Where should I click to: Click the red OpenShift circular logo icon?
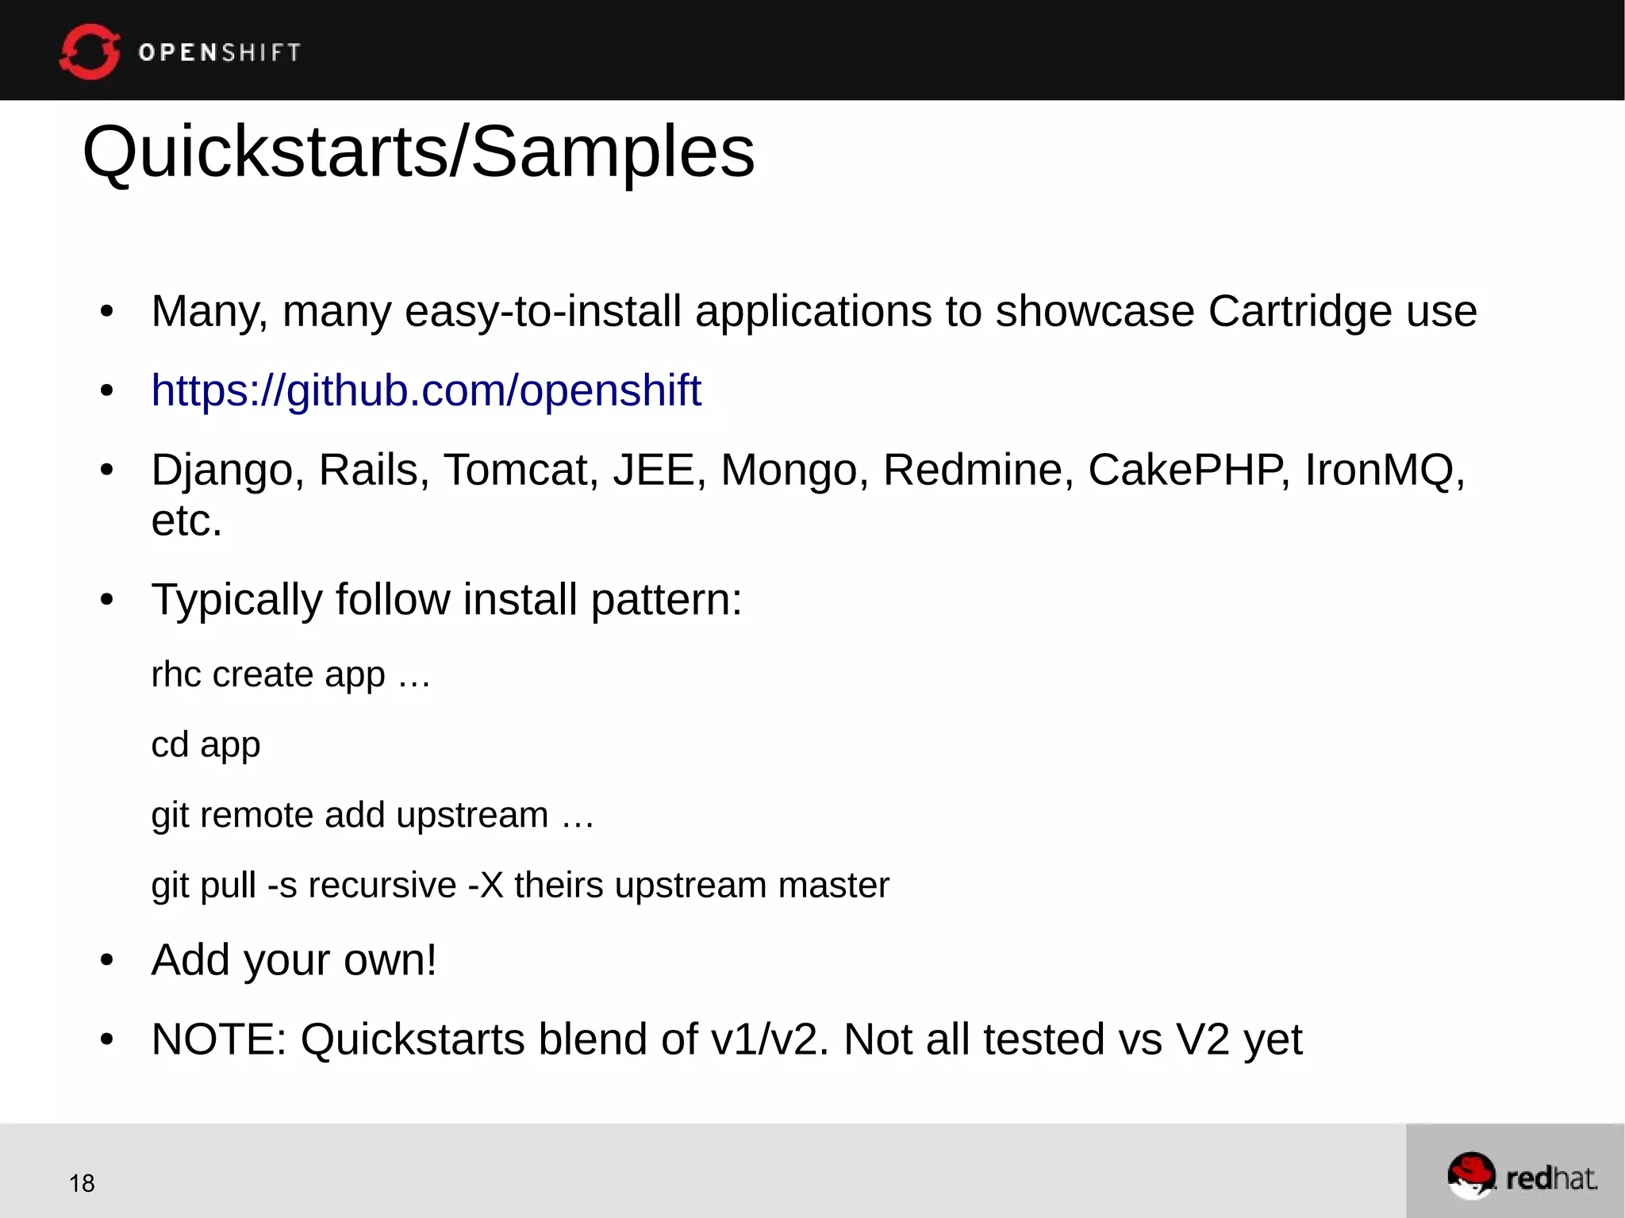tap(89, 52)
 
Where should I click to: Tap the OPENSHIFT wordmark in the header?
tap(219, 52)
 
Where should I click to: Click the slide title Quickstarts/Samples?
tap(418, 152)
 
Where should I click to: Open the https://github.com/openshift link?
tap(426, 390)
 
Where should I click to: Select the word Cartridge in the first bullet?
tap(1300, 311)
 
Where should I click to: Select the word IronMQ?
tap(1379, 470)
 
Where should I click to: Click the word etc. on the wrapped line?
tap(186, 521)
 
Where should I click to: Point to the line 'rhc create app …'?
tap(290, 675)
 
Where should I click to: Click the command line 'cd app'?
tap(206, 745)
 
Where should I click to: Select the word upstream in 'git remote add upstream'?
tap(472, 815)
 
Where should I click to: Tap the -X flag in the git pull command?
tap(486, 885)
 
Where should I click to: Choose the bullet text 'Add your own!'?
tap(294, 960)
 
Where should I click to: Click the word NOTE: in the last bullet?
tap(219, 1039)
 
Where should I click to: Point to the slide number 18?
tap(82, 1183)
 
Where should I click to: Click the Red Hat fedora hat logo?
tap(1471, 1175)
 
